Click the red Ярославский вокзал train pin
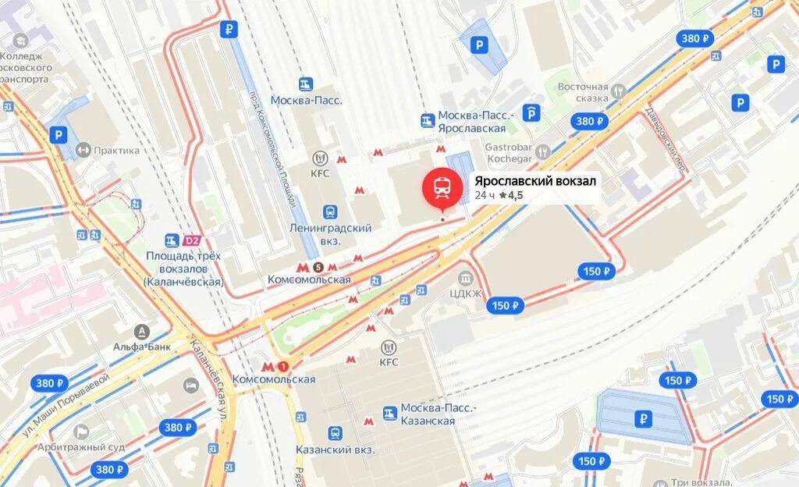coord(442,187)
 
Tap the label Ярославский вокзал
coord(535,181)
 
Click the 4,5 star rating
coord(512,195)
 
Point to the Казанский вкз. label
coord(336,450)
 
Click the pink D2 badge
coord(193,240)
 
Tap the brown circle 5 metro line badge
coord(318,267)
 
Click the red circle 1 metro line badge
coord(282,366)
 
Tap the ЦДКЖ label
coord(466,293)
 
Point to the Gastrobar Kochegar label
coord(508,152)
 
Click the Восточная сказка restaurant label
coord(582,92)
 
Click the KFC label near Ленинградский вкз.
coord(320,173)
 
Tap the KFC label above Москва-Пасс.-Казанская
coord(389,361)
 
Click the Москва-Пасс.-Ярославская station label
coord(471,122)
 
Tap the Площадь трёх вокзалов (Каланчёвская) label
coord(183,268)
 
